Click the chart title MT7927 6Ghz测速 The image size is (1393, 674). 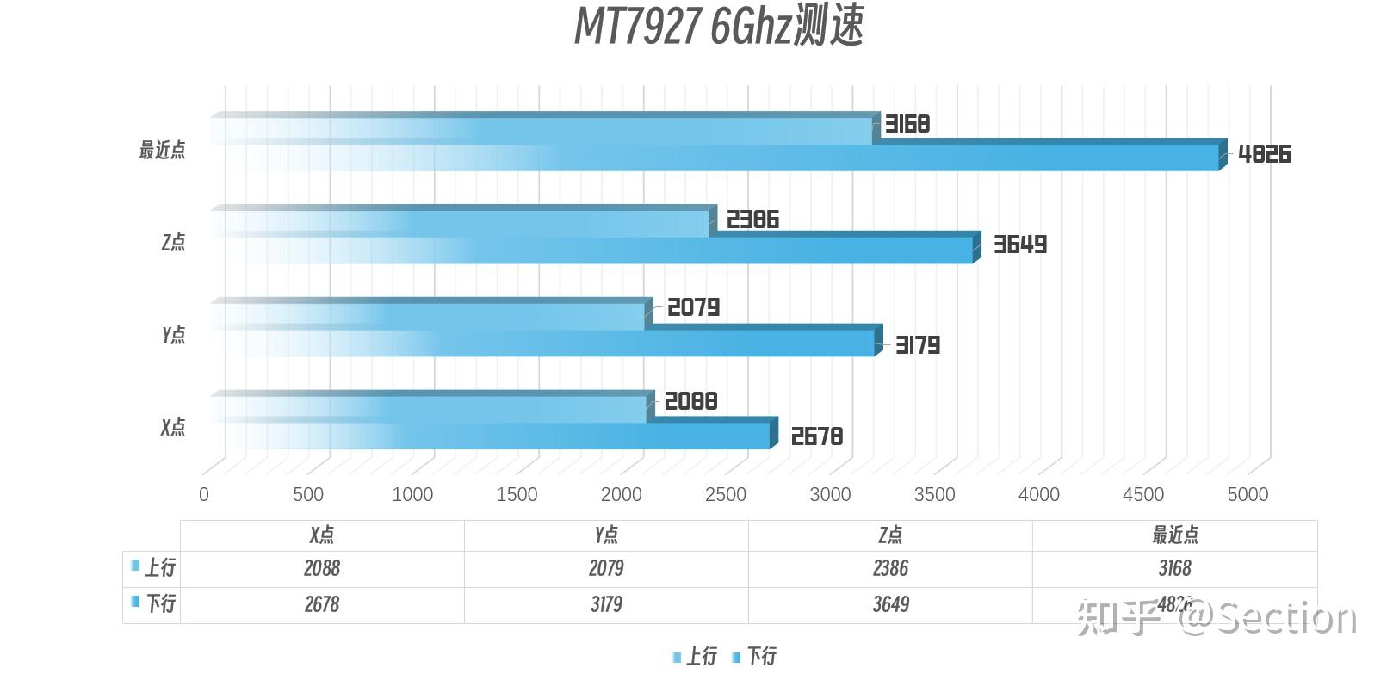718,26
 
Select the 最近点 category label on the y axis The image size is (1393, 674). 162,150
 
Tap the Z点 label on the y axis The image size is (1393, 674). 173,242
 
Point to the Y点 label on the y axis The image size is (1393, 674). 173,334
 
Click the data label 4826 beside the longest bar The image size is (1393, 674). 1264,154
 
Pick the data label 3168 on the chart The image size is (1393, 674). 907,124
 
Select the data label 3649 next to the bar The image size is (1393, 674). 1020,244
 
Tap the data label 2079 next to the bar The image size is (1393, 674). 693,307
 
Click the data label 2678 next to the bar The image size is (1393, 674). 816,436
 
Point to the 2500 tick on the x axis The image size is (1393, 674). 726,494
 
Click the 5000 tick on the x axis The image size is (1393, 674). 1248,494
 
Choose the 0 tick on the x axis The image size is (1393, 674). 204,494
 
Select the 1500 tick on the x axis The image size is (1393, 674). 517,494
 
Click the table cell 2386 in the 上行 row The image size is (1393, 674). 890,568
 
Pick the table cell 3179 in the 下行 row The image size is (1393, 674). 606,604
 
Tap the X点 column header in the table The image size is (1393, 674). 322,535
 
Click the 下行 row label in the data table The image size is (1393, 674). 160,603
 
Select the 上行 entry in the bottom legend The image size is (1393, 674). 700,657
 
